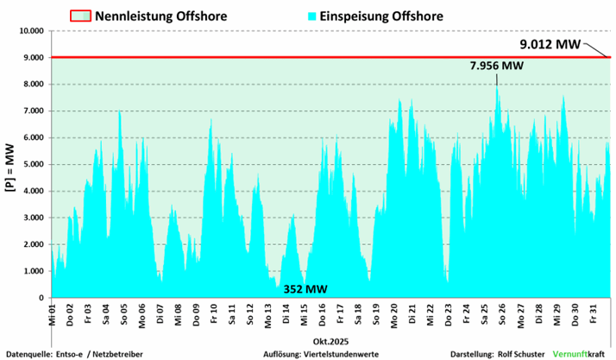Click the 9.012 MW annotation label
click(x=549, y=43)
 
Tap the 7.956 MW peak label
click(x=497, y=66)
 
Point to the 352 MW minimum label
click(x=305, y=289)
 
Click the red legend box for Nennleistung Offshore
click(x=80, y=16)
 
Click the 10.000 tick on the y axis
click(x=31, y=31)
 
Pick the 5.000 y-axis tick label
click(x=34, y=165)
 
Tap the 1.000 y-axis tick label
click(x=34, y=272)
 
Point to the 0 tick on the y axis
click(x=41, y=299)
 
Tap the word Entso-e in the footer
click(x=72, y=354)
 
